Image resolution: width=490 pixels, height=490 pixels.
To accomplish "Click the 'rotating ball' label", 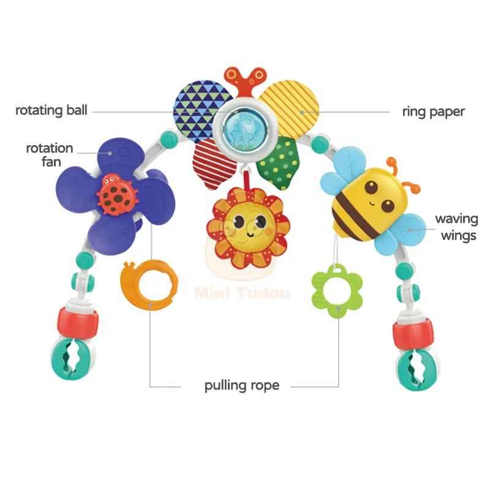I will coord(51,111).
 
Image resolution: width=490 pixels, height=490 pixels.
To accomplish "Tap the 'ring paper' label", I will coord(433,111).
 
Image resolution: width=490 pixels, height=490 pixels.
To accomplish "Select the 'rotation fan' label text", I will coord(50,154).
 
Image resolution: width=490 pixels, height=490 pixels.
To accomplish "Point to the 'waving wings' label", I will coord(456,227).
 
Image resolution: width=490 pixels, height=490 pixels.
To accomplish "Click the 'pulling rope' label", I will coord(241,386).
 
